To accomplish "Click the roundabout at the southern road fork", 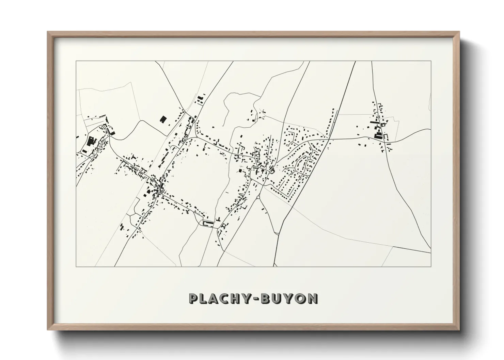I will click(258, 197).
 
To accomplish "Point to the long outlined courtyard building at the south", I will click(208, 223).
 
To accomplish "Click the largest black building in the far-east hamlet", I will click(378, 135).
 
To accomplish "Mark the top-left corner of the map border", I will click(76, 61).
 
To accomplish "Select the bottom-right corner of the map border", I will click(431, 267).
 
